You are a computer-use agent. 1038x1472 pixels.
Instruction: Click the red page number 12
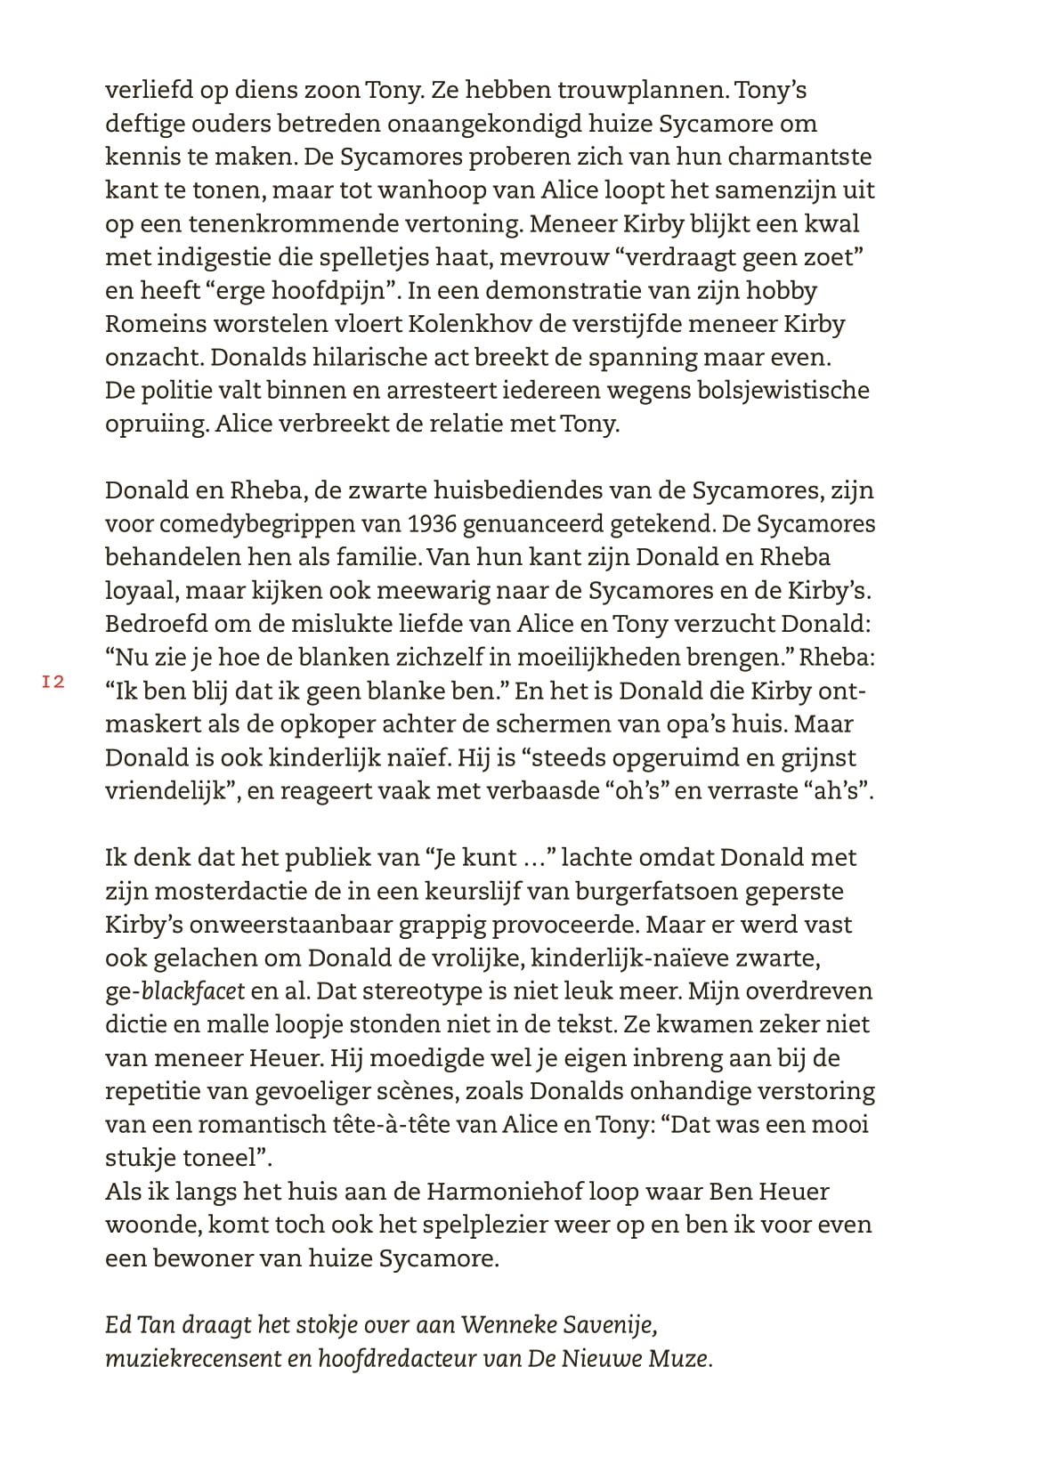[x=53, y=683]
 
